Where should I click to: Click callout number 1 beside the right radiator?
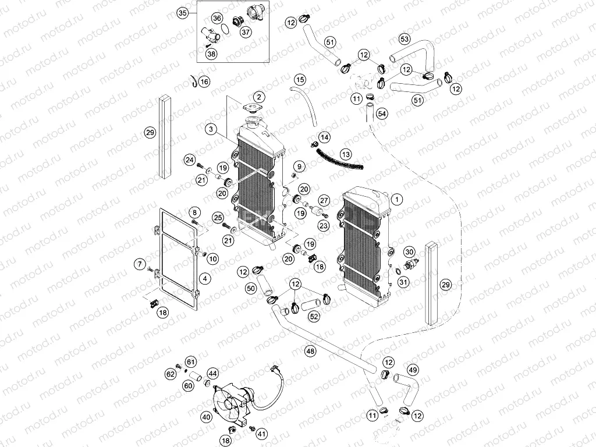[397, 199]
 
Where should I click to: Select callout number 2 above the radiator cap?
[258, 97]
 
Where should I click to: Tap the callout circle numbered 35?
[182, 13]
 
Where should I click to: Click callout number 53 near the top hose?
[405, 39]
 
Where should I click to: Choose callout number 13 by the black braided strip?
[346, 154]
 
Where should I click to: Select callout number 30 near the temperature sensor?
[410, 251]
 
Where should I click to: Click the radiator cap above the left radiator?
[254, 111]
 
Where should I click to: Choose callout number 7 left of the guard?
[139, 265]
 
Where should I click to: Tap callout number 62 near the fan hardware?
[170, 372]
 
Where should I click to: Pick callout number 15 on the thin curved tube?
[300, 79]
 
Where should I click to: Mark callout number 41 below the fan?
[262, 433]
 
